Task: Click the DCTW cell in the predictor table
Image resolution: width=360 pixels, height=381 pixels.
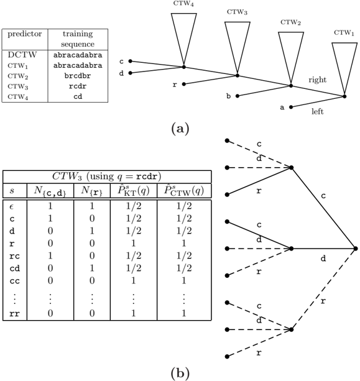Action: pos(22,55)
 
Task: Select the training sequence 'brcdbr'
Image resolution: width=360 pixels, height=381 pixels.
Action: pos(78,76)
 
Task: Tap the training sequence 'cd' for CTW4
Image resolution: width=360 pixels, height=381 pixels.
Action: pos(78,97)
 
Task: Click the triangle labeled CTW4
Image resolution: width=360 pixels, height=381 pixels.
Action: pos(184,39)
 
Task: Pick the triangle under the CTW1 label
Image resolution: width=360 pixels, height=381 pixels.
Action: pos(344,68)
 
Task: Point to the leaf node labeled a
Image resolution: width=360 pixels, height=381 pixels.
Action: pos(291,107)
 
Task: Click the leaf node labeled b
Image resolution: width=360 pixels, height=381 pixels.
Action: pos(238,96)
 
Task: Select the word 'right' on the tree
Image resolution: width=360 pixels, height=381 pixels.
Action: pos(318,80)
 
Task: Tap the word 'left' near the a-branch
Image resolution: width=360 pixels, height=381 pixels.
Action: pos(318,111)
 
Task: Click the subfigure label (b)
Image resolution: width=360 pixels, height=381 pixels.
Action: pos(180,372)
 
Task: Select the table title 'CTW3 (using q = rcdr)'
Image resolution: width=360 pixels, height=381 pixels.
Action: pos(107,177)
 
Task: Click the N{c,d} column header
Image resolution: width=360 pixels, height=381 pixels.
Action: pos(50,191)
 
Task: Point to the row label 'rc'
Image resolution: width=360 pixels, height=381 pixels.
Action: pos(14,256)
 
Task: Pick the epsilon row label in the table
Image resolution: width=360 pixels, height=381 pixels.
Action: pos(11,207)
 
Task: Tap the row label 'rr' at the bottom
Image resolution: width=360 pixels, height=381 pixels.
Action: pos(14,314)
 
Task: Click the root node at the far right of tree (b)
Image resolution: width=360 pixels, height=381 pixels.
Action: pos(356,249)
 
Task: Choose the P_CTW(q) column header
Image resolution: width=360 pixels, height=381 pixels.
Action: pos(184,191)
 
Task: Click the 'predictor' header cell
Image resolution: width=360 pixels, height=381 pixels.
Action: pos(24,34)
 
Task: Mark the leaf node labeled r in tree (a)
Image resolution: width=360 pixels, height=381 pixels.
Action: pos(184,84)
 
